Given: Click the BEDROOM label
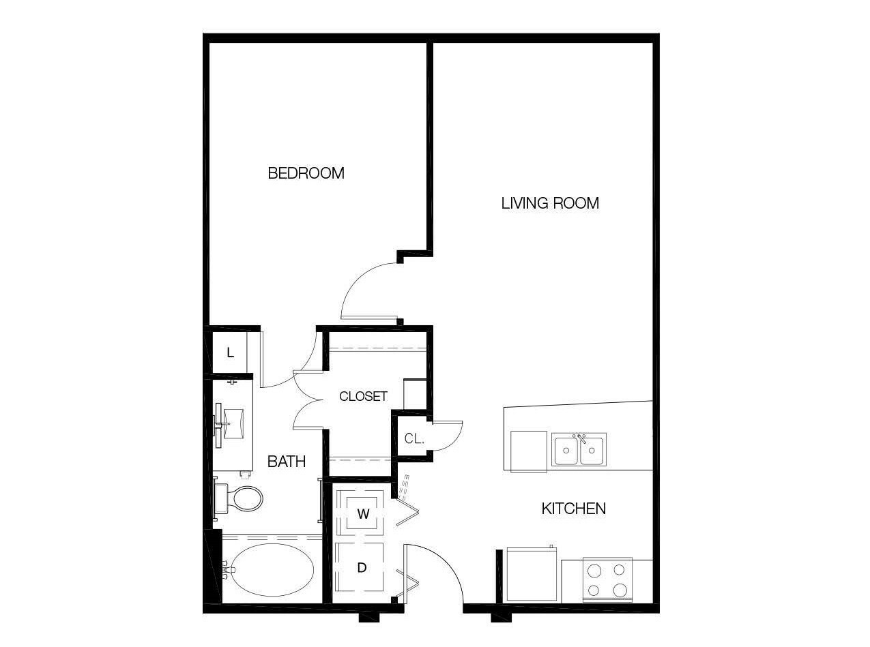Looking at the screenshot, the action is pyautogui.click(x=306, y=172).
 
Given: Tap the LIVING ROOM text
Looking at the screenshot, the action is pyautogui.click(x=550, y=203).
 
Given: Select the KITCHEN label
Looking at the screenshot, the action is pyautogui.click(x=573, y=509).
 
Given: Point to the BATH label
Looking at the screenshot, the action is pyautogui.click(x=287, y=462).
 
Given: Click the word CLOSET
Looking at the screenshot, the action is pyautogui.click(x=363, y=396).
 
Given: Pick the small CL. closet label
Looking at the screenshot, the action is pyautogui.click(x=414, y=438).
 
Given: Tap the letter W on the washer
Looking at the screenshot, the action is pyautogui.click(x=363, y=514).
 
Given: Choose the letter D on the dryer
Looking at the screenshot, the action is pyautogui.click(x=362, y=567).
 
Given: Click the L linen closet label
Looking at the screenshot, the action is pyautogui.click(x=230, y=352).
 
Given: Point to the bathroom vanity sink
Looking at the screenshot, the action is pyautogui.click(x=234, y=423).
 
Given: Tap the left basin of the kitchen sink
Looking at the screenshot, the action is pyautogui.click(x=566, y=451).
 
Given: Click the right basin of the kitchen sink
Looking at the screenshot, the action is pyautogui.click(x=592, y=451).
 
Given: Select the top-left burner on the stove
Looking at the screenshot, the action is pyautogui.click(x=594, y=571).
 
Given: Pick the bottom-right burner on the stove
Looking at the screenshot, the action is pyautogui.click(x=620, y=590).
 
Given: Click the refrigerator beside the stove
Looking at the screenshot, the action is pyautogui.click(x=532, y=574).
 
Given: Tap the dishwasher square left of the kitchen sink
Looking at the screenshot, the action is pyautogui.click(x=529, y=452).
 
